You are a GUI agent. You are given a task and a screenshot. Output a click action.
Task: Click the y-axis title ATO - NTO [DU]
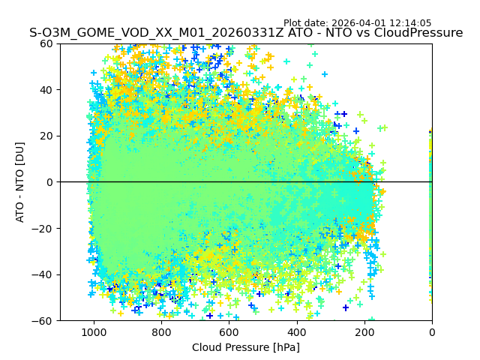21,182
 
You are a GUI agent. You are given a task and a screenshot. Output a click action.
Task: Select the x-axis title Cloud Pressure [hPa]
246,347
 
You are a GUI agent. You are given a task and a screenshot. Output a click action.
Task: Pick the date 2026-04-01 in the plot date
360,23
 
